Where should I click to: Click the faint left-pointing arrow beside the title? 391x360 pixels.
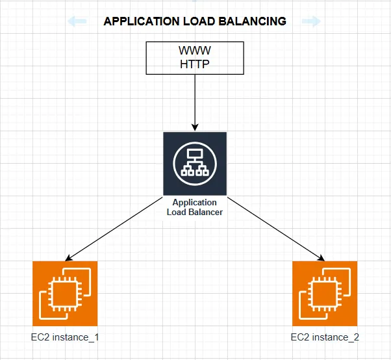77,21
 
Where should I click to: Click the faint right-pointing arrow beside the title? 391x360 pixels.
312,21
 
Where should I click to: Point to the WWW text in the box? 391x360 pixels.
195,50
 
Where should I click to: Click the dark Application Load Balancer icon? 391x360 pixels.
195,162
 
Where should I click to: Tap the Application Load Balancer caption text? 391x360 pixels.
195,207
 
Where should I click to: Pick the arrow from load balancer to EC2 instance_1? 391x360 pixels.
117,228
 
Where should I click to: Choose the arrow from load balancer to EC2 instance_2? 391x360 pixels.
273,228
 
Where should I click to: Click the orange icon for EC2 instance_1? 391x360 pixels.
65,293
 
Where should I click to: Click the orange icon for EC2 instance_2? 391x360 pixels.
325,293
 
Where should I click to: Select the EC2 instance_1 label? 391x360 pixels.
65,337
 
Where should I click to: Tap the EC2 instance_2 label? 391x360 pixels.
325,337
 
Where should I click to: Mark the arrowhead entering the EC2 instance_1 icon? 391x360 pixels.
69,258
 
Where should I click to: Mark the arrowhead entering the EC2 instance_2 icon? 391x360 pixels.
320,258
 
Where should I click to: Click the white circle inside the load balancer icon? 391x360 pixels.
195,162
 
